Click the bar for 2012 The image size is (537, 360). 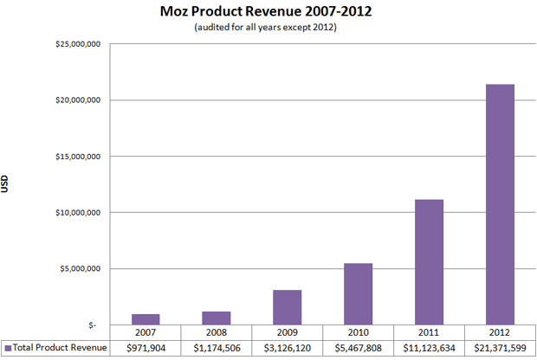500,204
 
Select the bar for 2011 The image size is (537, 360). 429,262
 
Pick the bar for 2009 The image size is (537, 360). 287,307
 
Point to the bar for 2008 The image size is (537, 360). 216,318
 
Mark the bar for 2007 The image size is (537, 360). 146,319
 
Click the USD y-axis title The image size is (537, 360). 8,183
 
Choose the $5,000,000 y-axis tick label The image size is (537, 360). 76,268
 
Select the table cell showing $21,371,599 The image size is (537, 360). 500,348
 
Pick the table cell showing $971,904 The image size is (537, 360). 146,348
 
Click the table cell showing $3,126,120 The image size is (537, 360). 287,348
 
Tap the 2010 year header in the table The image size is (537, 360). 358,333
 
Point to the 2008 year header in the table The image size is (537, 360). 216,333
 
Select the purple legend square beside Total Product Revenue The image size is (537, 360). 7,348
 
